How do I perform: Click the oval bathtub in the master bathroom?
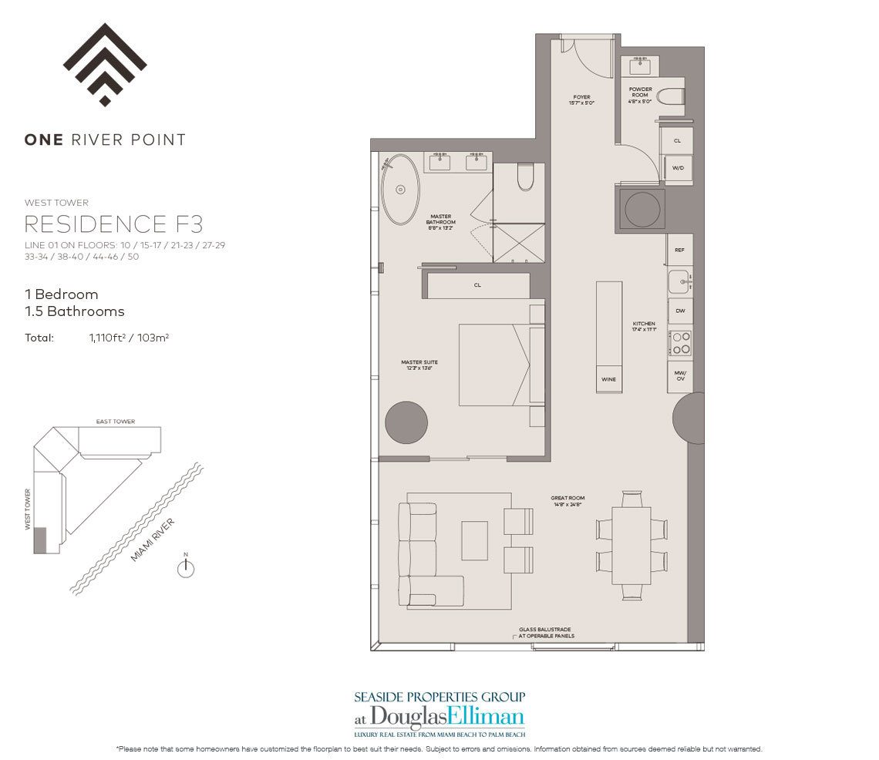point(400,189)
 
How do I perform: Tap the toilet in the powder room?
point(673,96)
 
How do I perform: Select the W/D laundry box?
point(677,167)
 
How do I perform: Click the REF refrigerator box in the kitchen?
point(679,251)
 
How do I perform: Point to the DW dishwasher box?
point(679,311)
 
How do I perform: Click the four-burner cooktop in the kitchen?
point(680,342)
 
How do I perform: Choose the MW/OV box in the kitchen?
point(679,376)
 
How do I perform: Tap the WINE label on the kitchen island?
point(608,380)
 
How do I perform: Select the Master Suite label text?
point(416,364)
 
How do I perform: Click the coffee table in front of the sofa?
point(474,540)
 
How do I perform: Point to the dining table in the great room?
point(631,545)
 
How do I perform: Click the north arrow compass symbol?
point(185,568)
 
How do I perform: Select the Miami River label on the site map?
point(152,540)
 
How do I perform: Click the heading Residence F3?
point(114,224)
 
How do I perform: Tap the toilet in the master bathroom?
point(525,178)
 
